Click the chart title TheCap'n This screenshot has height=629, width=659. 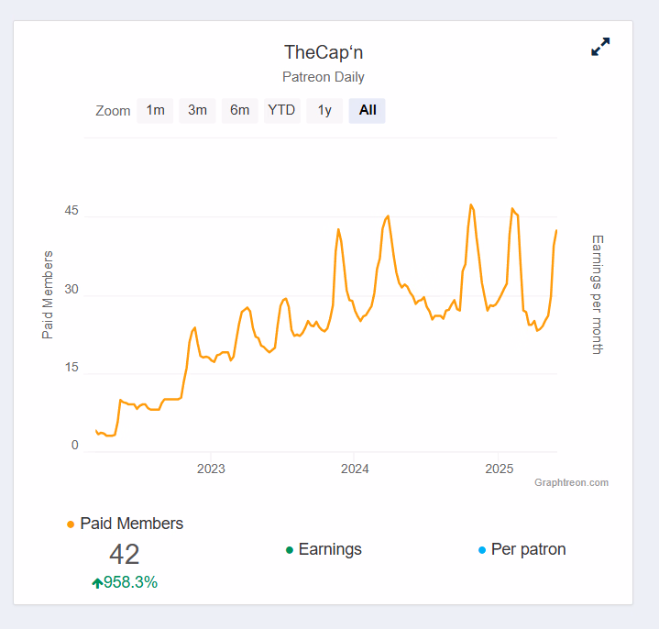point(324,52)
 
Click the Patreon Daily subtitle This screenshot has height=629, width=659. point(324,77)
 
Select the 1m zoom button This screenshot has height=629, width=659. point(155,110)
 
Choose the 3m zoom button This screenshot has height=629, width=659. point(197,110)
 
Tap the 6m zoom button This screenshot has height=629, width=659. point(239,110)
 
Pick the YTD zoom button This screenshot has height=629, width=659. point(281,110)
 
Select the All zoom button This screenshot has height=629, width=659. point(368,110)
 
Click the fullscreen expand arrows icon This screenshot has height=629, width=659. point(600,47)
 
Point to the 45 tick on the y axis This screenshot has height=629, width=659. point(71,212)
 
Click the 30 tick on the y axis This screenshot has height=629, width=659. point(71,290)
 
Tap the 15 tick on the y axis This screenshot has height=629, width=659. point(71,368)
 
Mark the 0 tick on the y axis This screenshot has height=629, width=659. point(75,446)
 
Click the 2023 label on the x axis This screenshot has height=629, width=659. point(211,469)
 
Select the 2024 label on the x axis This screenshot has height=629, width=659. point(355,469)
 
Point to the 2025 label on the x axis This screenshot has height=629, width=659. point(499,469)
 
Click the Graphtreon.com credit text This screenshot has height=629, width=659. point(571,482)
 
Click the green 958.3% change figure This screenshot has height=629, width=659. point(130,582)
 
